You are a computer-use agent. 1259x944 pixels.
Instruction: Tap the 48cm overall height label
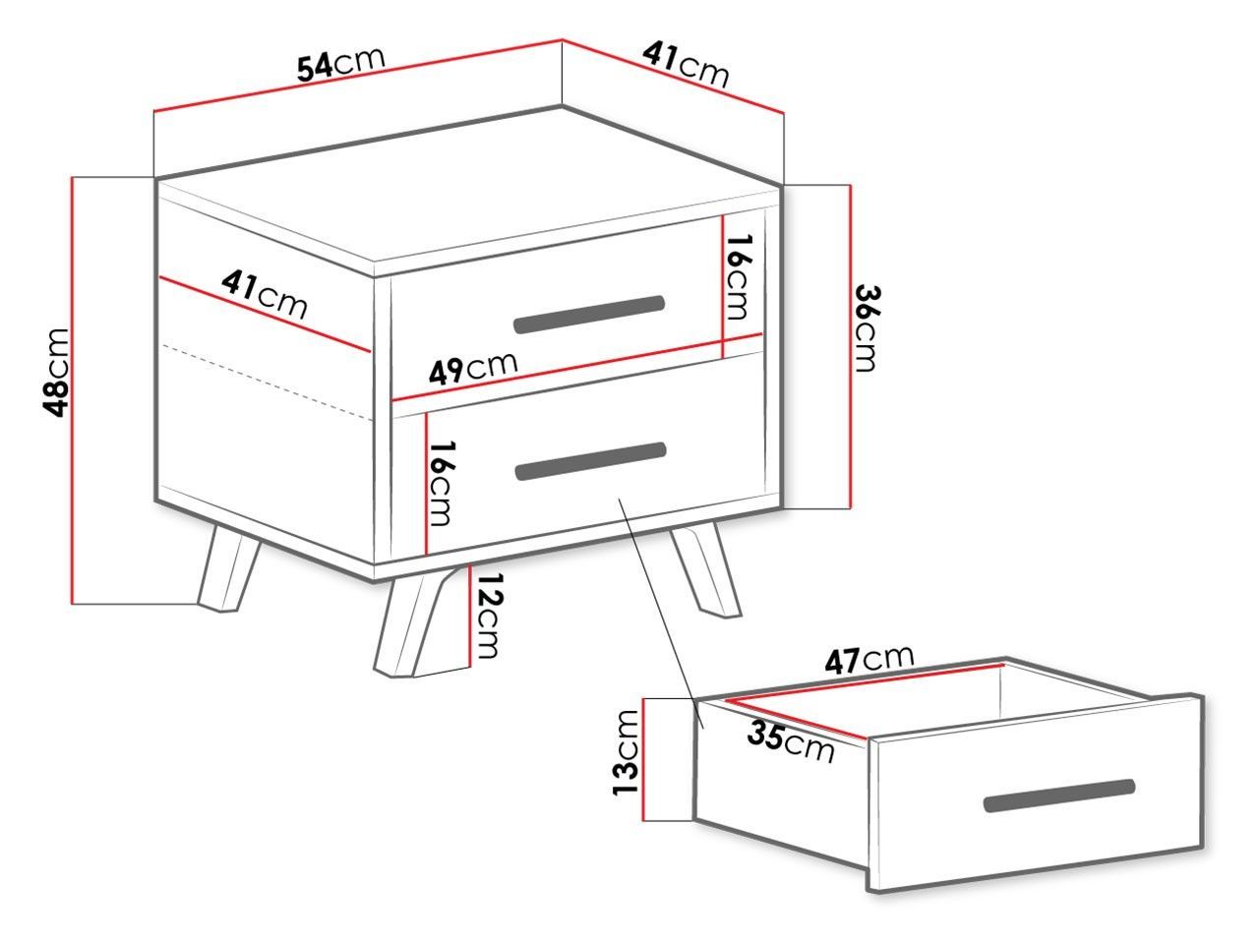click(x=56, y=373)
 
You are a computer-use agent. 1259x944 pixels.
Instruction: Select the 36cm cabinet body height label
click(x=866, y=328)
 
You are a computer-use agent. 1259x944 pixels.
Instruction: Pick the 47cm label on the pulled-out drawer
click(x=869, y=659)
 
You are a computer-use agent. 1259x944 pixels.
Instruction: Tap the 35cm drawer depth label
click(x=791, y=742)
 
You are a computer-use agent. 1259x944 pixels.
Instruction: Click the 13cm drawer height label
click(x=626, y=752)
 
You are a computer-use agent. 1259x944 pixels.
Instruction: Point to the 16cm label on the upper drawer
click(x=737, y=277)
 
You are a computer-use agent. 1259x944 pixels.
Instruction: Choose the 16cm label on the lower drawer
click(x=442, y=483)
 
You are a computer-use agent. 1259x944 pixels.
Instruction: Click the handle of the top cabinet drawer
click(x=589, y=314)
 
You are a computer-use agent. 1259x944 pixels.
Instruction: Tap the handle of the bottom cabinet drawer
click(x=591, y=461)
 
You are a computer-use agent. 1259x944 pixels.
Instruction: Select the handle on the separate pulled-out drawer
click(x=1059, y=796)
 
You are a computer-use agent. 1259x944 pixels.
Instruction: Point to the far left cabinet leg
click(x=228, y=568)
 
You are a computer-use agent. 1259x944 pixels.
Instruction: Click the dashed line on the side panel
click(x=267, y=383)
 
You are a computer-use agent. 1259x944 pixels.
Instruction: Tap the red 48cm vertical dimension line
click(x=73, y=390)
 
